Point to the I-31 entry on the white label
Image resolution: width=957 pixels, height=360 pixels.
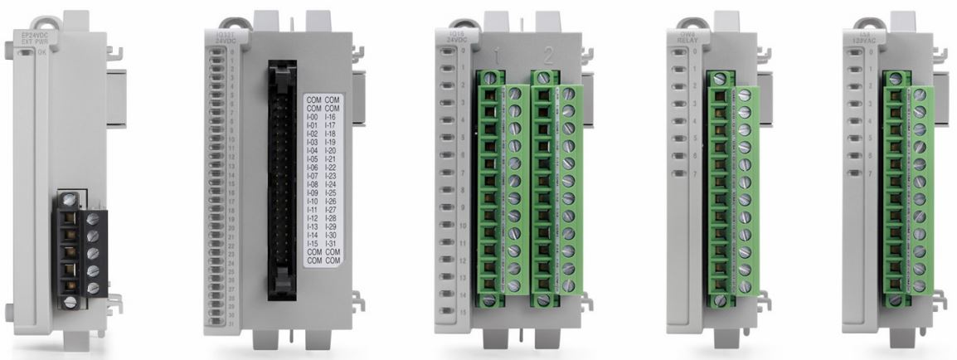pos(331,243)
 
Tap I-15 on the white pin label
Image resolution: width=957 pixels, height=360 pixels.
pos(313,243)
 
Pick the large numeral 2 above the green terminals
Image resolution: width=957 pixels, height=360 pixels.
pos(548,57)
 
